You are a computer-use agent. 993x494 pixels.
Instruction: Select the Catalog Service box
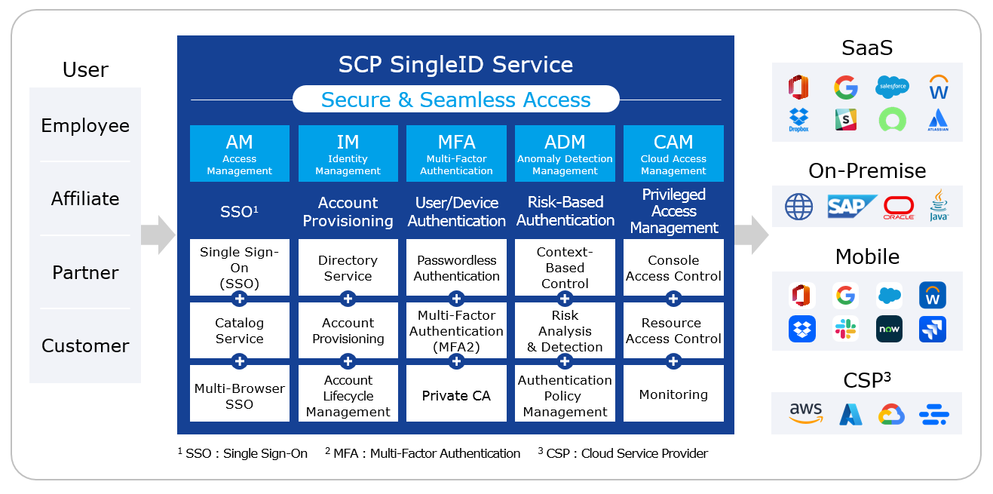point(239,330)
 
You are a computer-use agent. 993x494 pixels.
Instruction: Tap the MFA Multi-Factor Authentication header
point(456,153)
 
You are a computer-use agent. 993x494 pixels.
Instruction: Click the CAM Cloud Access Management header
point(673,153)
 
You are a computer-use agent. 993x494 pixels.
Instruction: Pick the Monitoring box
point(673,394)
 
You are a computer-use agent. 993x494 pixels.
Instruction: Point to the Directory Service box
point(348,268)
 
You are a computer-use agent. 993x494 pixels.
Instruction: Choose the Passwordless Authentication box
point(456,268)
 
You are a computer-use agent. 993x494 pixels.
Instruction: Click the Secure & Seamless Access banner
point(455,100)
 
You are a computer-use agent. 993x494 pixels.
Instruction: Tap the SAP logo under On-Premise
point(850,207)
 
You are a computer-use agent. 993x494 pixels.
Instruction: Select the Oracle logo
point(899,207)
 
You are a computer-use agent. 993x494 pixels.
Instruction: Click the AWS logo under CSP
point(806,413)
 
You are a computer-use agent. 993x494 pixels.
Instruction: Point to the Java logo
point(939,205)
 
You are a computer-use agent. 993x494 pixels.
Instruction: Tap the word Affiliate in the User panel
point(85,198)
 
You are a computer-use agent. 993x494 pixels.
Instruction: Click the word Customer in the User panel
point(85,346)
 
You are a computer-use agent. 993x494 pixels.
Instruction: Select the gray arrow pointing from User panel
point(158,235)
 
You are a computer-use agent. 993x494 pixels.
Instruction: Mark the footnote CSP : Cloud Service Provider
point(623,453)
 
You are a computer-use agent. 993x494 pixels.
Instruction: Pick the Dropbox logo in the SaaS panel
point(798,120)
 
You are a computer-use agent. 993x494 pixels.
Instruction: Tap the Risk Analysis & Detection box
point(565,330)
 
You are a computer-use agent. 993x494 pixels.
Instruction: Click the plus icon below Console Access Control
point(673,299)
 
